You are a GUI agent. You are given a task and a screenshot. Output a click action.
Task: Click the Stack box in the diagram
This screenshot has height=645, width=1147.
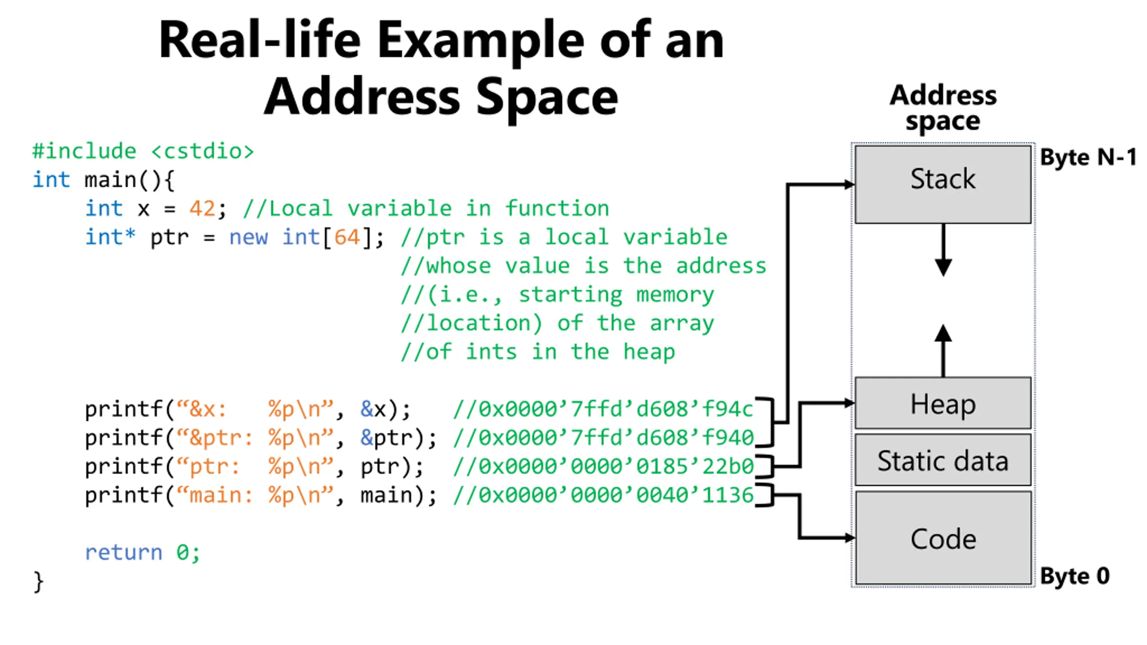[x=943, y=184]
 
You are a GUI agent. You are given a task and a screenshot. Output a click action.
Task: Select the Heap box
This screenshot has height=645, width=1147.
[x=943, y=403]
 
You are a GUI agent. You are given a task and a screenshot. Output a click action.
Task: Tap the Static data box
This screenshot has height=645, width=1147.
[x=943, y=460]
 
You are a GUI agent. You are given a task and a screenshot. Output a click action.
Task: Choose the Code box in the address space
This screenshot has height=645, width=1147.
[x=943, y=538]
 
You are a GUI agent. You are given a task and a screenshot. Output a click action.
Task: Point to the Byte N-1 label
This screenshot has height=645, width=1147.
[x=1088, y=157]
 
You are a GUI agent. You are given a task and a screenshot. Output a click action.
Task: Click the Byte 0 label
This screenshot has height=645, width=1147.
[x=1075, y=576]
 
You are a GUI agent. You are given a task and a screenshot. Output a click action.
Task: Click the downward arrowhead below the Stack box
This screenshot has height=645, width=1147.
[x=943, y=268]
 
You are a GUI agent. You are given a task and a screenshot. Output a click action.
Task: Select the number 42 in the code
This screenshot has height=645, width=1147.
[x=202, y=209]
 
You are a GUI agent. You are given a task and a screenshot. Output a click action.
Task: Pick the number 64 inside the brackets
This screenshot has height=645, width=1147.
[x=347, y=237]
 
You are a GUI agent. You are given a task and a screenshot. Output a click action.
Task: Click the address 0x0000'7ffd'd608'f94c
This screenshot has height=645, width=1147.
[x=616, y=409]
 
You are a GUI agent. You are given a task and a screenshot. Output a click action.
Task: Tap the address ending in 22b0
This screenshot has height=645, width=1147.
[x=616, y=466]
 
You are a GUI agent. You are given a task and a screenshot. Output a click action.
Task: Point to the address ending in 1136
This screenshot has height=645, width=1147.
[x=616, y=495]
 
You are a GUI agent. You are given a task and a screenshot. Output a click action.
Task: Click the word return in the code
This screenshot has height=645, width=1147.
[x=124, y=552]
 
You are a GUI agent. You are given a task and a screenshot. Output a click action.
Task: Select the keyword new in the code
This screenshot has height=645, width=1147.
[x=249, y=237]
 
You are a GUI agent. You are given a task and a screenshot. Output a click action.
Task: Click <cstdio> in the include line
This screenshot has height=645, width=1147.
[x=203, y=151]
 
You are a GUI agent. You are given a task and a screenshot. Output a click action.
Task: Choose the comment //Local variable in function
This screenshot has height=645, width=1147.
[x=426, y=209]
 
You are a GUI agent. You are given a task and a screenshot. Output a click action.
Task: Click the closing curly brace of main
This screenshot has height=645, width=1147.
[x=39, y=582]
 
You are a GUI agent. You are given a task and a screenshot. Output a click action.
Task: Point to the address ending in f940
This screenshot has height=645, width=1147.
[x=616, y=438]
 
